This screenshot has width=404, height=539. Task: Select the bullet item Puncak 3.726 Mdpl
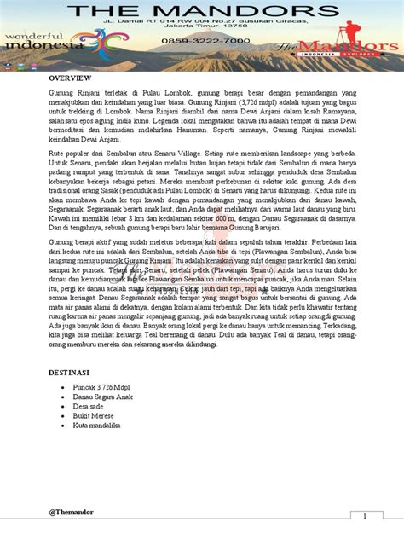pyautogui.click(x=105, y=388)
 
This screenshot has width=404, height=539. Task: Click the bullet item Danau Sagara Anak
pyautogui.click(x=103, y=397)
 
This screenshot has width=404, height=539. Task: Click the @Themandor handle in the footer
pyautogui.click(x=71, y=512)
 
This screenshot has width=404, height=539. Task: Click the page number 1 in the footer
pyautogui.click(x=365, y=517)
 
